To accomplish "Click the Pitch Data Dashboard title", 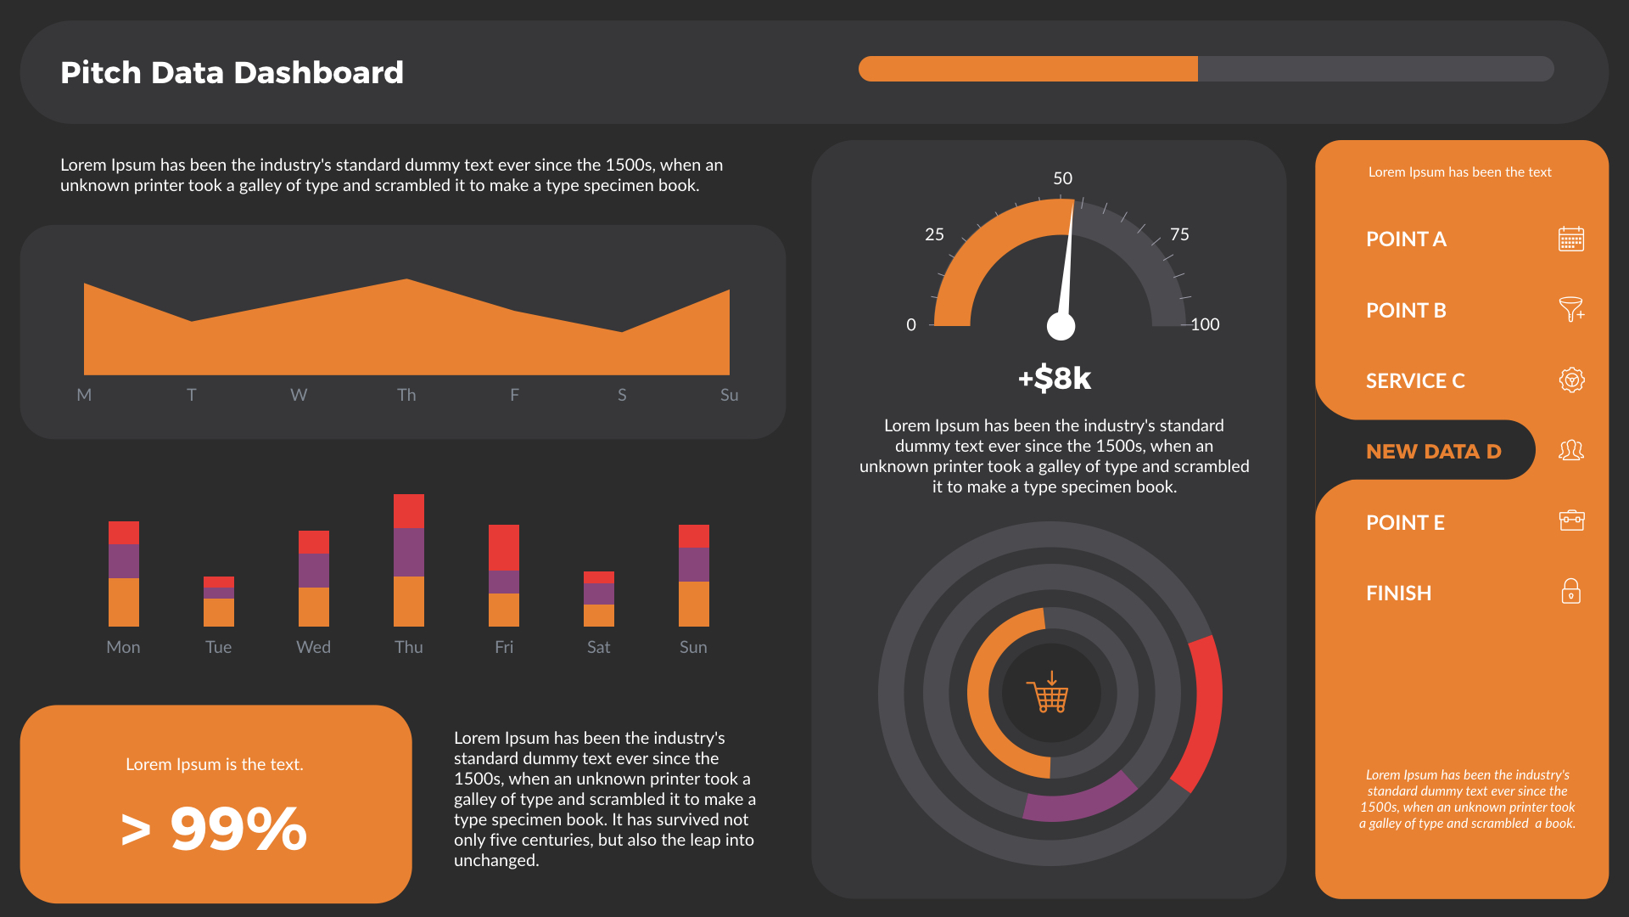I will click(232, 73).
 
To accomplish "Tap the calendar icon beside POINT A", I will click(1570, 239).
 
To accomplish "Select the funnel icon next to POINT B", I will click(1570, 309).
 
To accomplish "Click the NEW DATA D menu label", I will click(1433, 451).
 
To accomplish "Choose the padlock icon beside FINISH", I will click(1570, 591).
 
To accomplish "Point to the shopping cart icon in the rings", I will click(1050, 694).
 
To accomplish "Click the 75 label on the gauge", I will click(1179, 234).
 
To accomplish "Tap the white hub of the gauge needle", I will click(1061, 326).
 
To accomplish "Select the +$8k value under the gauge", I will click(1055, 378).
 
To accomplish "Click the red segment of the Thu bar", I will click(409, 511).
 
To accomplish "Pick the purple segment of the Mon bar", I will click(124, 561).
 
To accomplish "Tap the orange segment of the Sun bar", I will click(694, 604).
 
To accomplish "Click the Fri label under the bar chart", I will click(504, 647).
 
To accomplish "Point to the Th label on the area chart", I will click(406, 395).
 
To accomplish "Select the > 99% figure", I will click(215, 829).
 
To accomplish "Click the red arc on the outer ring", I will click(1202, 713).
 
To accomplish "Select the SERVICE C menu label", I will click(1415, 380).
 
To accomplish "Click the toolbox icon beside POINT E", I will click(1571, 520).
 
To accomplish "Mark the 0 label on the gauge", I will click(911, 324).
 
